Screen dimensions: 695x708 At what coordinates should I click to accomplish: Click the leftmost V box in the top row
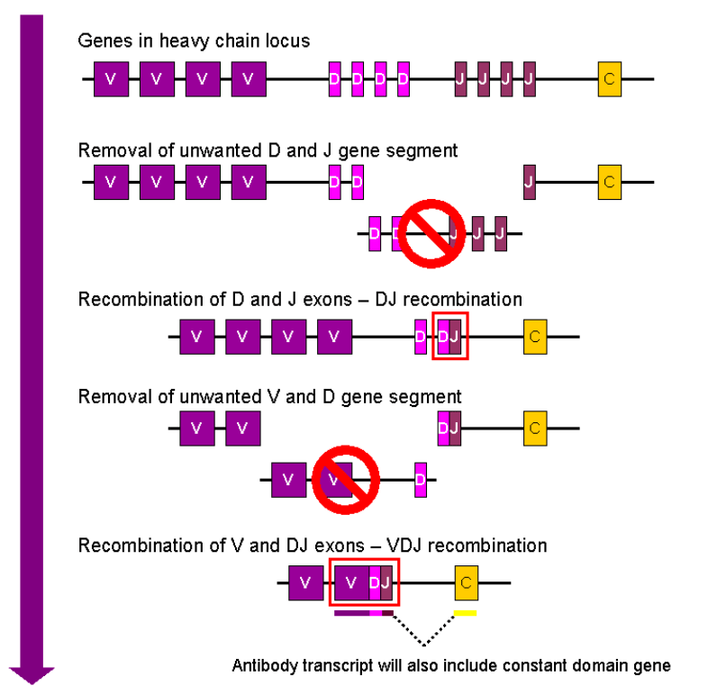pos(111,79)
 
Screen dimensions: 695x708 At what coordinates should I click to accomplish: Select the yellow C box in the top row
pos(610,79)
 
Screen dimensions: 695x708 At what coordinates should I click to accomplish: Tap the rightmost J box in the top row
pos(530,79)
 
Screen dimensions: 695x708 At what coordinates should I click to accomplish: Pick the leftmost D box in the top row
pos(334,79)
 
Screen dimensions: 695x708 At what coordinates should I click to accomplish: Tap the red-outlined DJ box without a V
pos(450,337)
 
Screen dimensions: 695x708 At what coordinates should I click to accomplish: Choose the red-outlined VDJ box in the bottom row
pos(365,582)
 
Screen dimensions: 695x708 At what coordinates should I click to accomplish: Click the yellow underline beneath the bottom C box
pos(465,613)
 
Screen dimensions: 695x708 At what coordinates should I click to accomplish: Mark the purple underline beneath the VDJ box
pos(363,613)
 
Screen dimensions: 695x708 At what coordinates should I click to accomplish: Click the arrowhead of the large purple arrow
pos(32,674)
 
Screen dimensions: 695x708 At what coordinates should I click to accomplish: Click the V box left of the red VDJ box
pos(306,582)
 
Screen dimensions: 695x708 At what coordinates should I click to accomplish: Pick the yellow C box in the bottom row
pos(466,582)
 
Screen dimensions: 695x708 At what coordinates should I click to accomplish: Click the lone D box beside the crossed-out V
pos(421,479)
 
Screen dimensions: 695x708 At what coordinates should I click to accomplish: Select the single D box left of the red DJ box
pos(421,337)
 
